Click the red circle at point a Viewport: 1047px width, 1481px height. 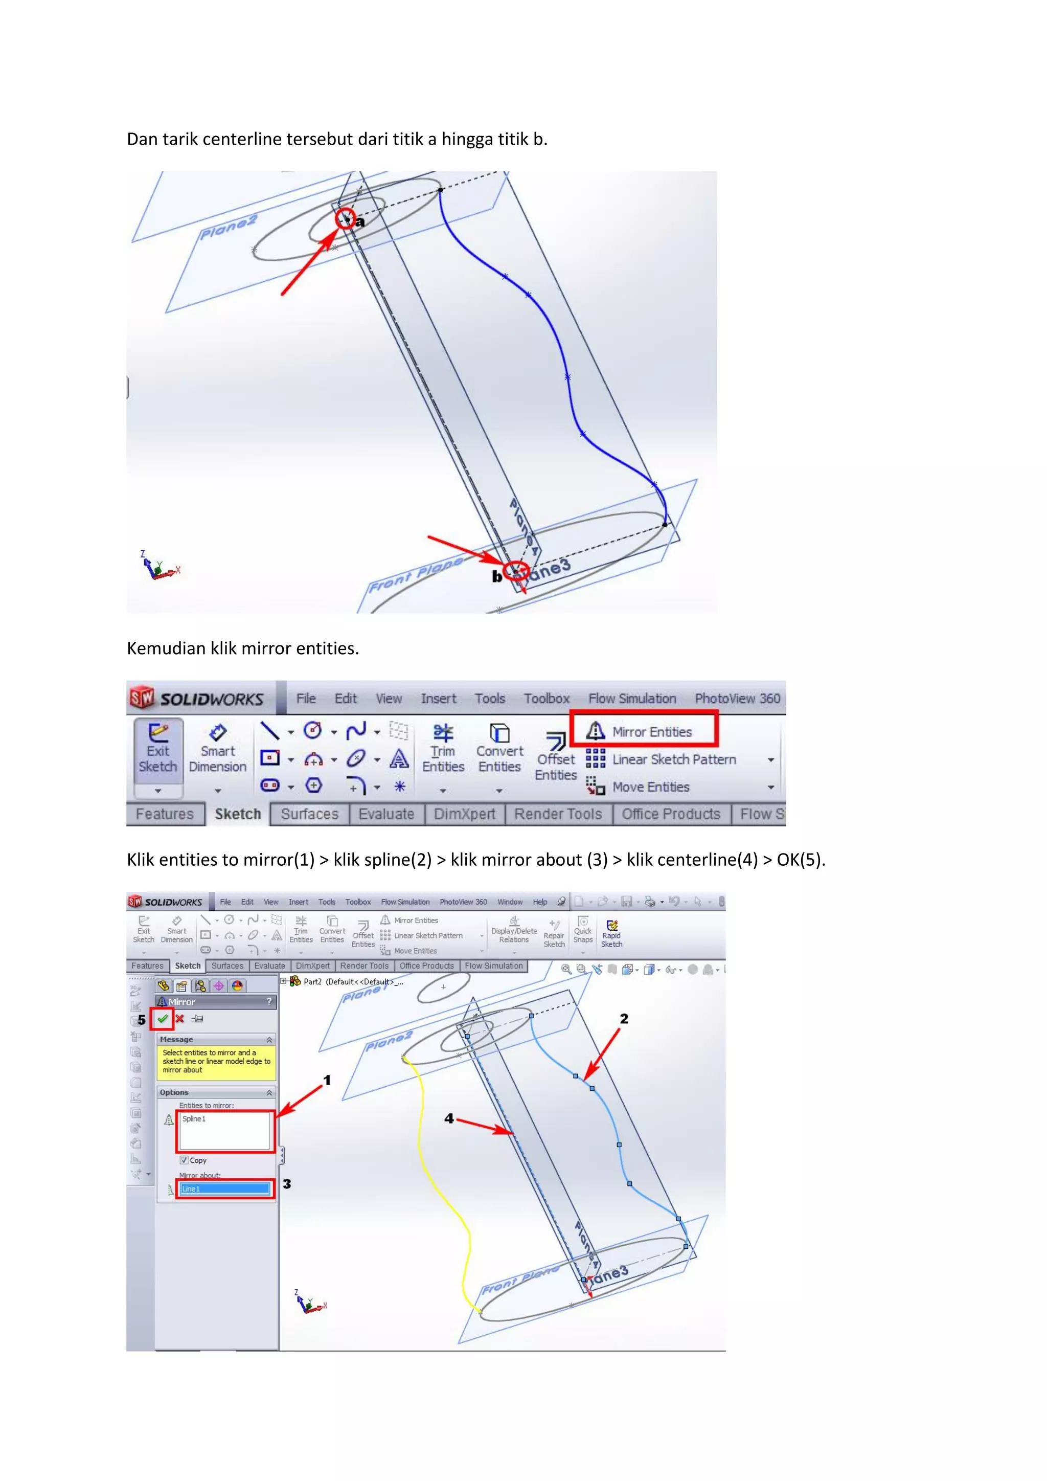[x=346, y=219]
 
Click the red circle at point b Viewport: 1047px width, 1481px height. [x=517, y=571]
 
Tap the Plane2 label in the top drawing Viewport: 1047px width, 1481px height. [x=228, y=227]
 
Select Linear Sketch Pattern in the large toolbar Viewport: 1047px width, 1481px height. [x=674, y=760]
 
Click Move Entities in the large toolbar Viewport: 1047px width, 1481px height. [x=650, y=787]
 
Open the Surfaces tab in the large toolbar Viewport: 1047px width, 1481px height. [x=309, y=814]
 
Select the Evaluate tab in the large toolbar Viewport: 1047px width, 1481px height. [x=386, y=814]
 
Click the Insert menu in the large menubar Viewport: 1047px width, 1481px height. [x=439, y=699]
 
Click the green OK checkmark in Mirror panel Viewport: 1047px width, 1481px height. [x=163, y=1019]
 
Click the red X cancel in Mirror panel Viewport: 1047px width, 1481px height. [x=180, y=1019]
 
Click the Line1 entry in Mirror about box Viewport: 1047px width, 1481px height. [x=224, y=1189]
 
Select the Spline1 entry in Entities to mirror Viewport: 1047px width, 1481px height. [x=194, y=1119]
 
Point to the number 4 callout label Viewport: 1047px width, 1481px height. [x=449, y=1118]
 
